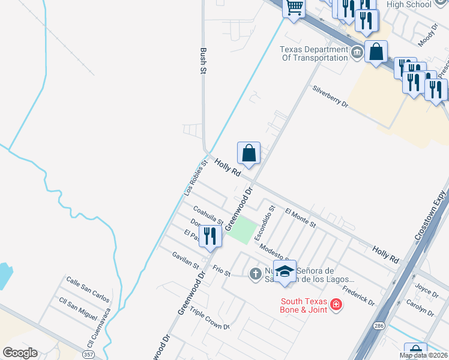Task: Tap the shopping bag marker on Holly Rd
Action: click(x=249, y=154)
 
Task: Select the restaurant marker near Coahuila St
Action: click(x=209, y=236)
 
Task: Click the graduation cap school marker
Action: click(x=285, y=271)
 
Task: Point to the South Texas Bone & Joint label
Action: click(x=304, y=305)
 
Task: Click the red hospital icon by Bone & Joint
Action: click(x=336, y=305)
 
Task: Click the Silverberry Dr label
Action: click(x=330, y=96)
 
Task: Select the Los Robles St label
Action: click(x=196, y=178)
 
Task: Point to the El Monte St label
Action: click(x=301, y=218)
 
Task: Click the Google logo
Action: click(x=20, y=353)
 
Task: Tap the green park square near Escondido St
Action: click(x=240, y=230)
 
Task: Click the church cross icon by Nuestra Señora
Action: click(x=255, y=274)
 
